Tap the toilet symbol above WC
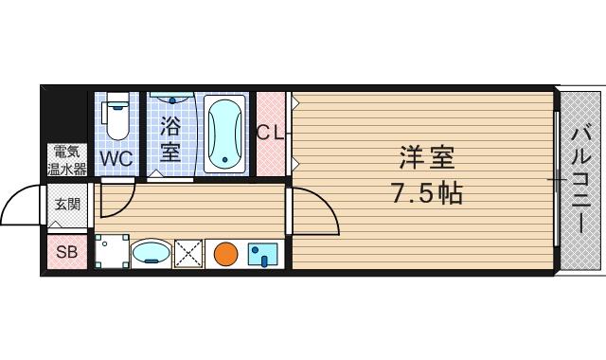(x=116, y=116)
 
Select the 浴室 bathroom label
(x=170, y=137)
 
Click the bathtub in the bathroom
(x=224, y=134)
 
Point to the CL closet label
(x=270, y=134)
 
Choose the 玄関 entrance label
(x=67, y=204)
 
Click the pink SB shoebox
(x=67, y=252)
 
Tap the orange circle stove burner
(x=224, y=253)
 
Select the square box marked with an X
(x=188, y=253)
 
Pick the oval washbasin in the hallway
(x=150, y=253)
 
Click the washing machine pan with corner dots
(x=111, y=252)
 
